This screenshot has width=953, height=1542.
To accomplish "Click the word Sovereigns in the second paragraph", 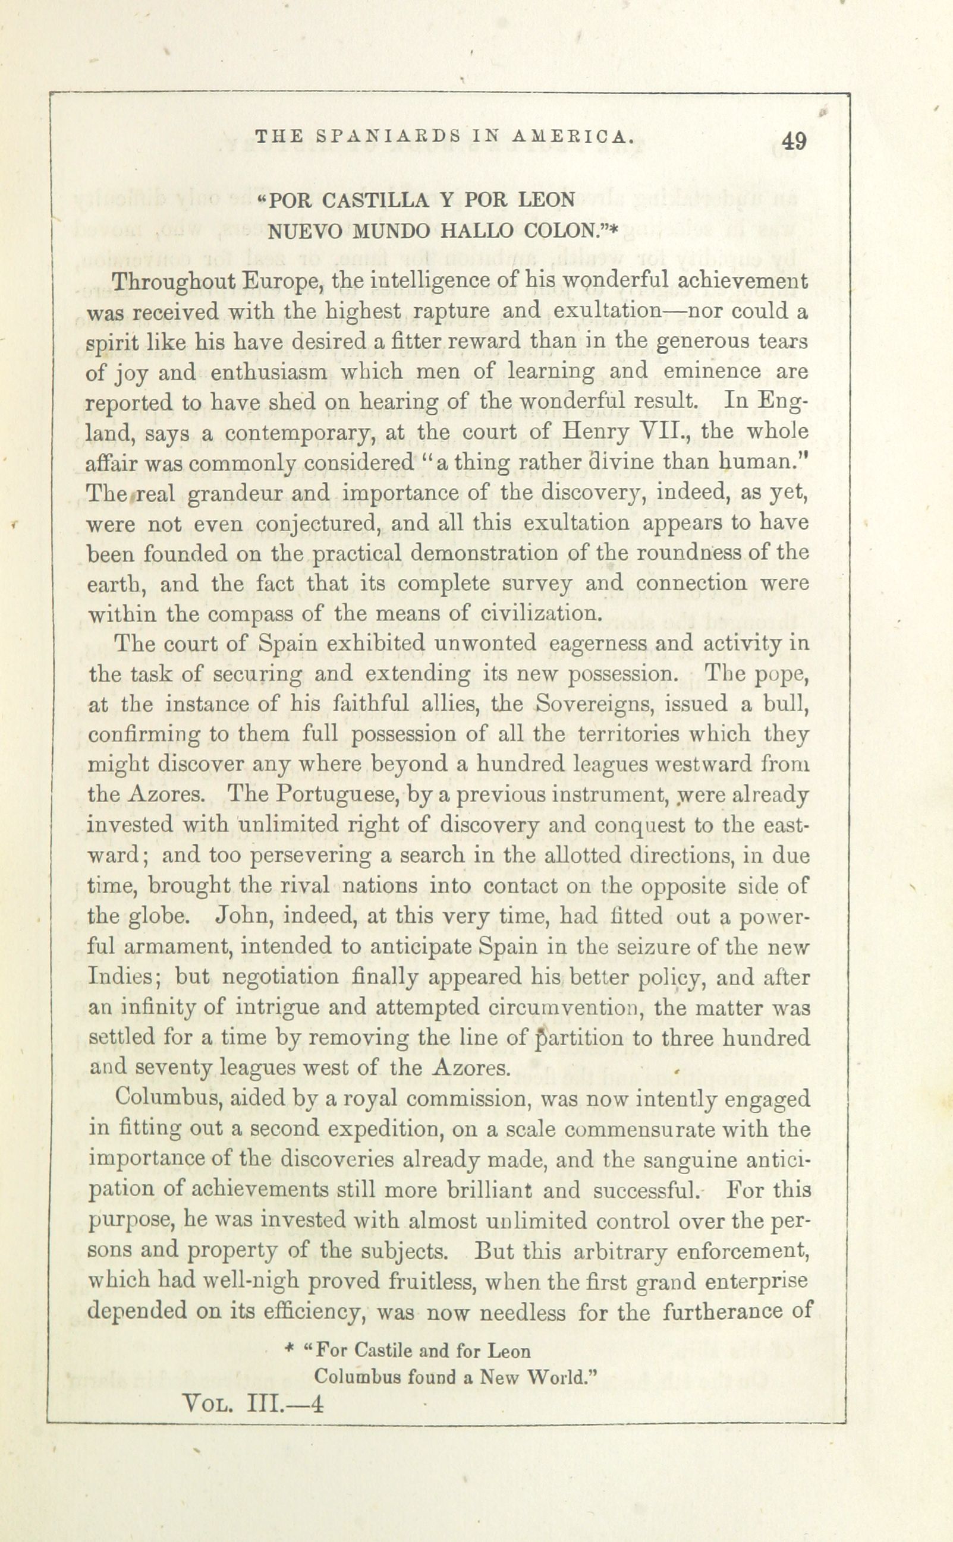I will click(x=595, y=704).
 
